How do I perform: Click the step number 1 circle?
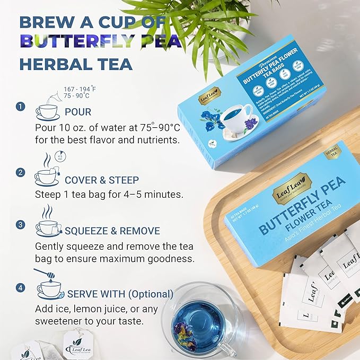(21, 107)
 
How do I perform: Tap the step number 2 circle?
(21, 172)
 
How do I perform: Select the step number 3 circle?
(21, 224)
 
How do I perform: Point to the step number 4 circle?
(21, 288)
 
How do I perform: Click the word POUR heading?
(78, 112)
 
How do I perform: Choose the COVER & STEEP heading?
(102, 179)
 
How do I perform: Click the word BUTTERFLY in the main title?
(101, 42)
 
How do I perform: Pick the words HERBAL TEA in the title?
(76, 64)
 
